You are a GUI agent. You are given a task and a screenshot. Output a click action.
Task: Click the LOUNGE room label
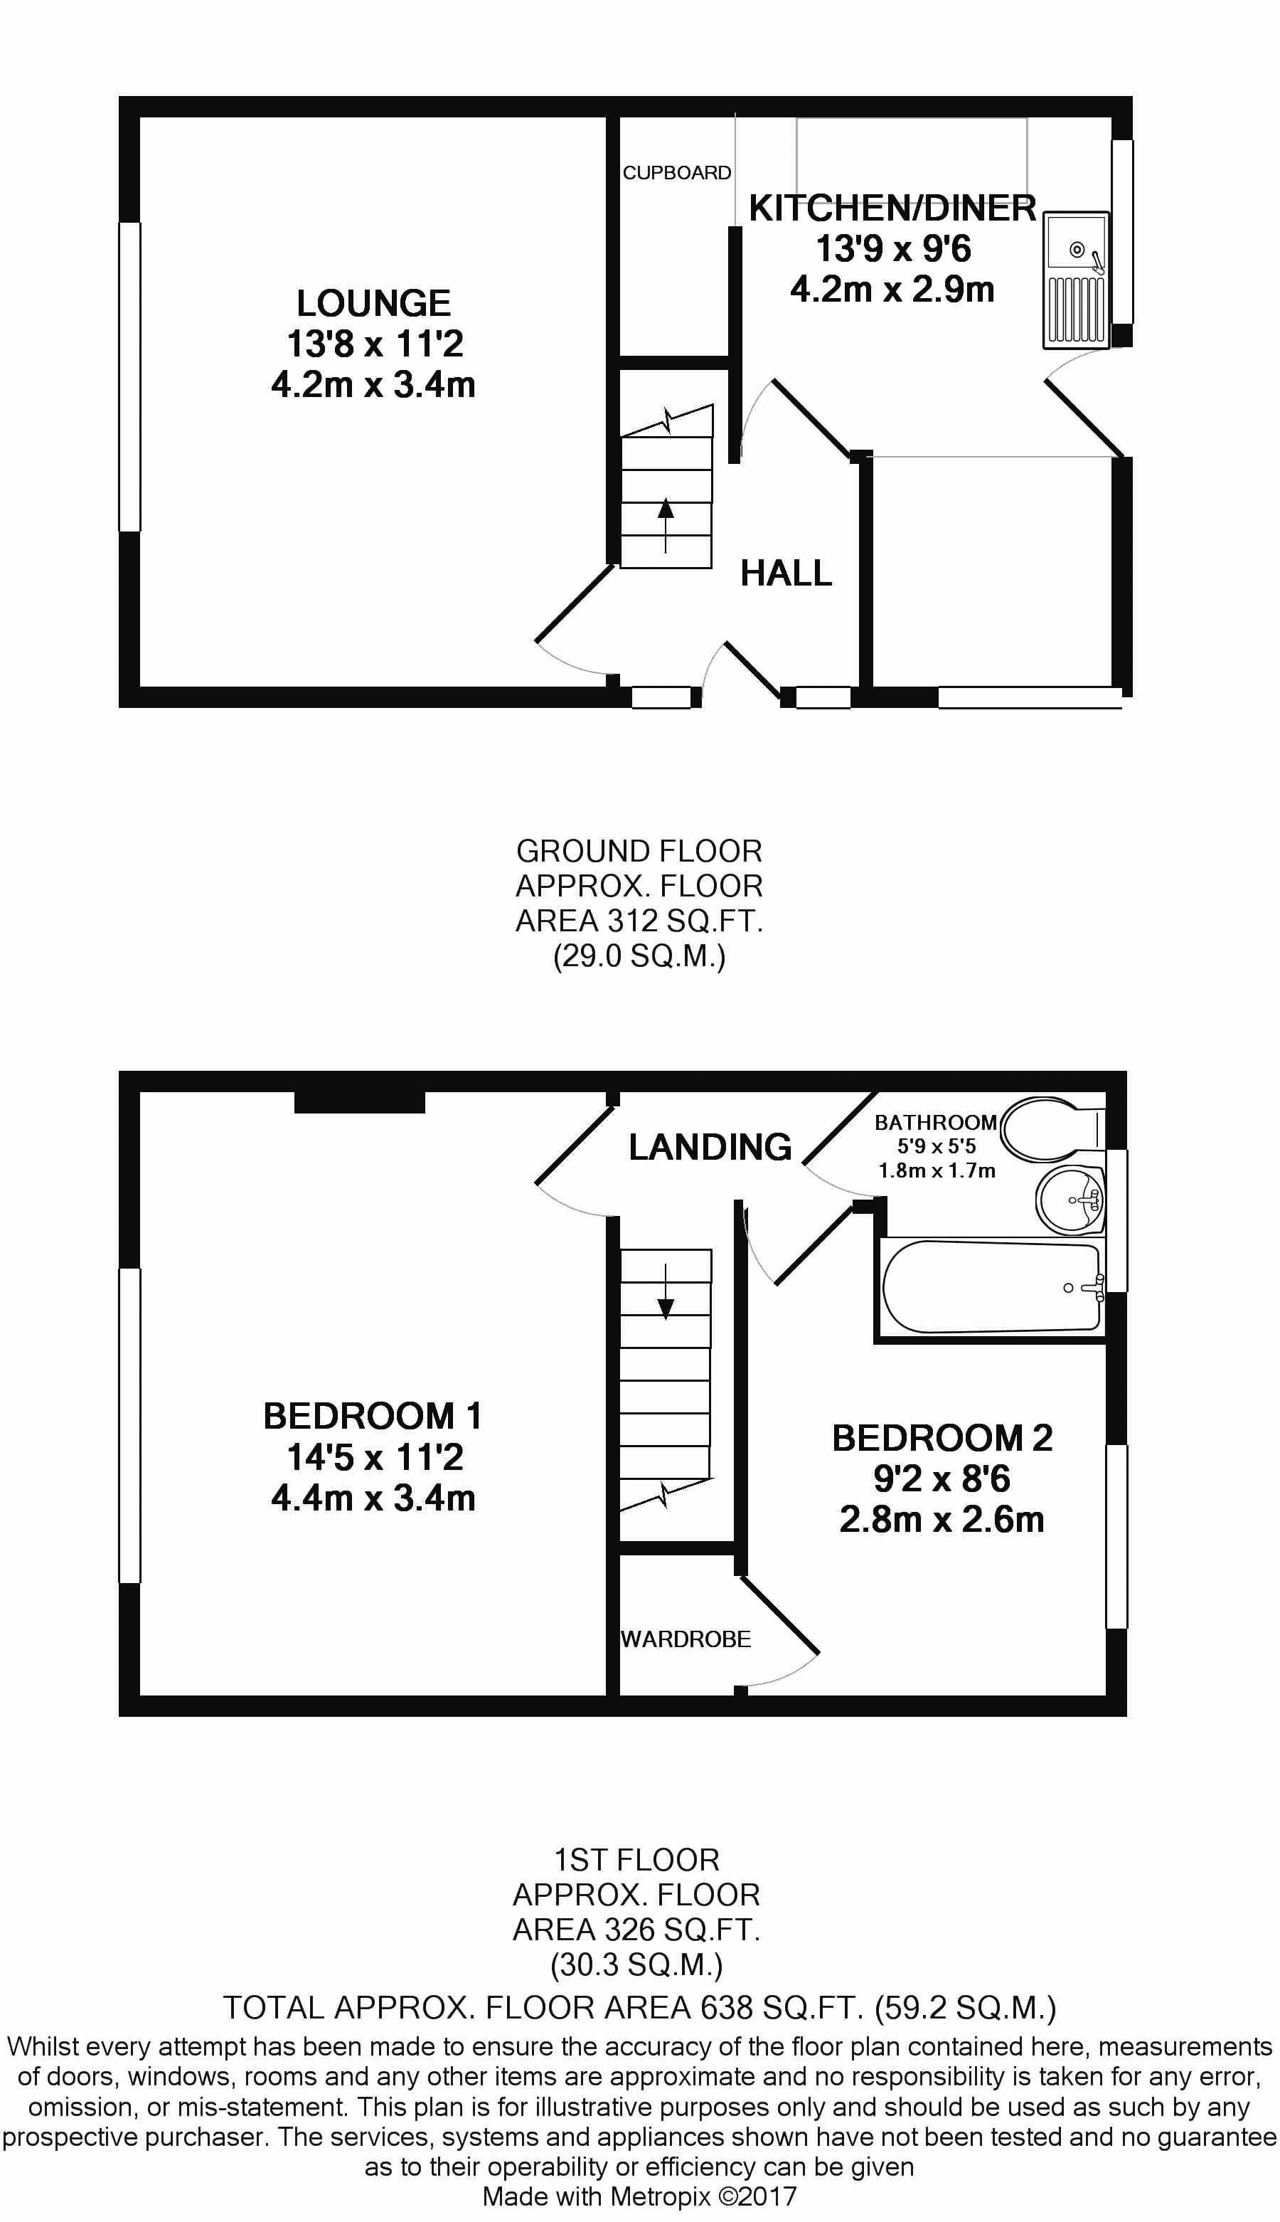point(373,303)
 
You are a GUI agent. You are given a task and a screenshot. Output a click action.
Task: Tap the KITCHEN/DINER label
point(892,208)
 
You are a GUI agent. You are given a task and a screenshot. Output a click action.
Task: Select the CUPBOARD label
point(677,172)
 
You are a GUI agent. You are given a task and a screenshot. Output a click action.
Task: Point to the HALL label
point(786,573)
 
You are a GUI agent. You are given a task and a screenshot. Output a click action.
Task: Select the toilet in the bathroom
point(1046,1127)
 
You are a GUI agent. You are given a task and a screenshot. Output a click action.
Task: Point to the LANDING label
point(710,1147)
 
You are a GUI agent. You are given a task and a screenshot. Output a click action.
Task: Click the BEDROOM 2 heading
point(942,1438)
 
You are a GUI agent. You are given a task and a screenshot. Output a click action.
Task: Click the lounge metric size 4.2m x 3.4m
point(373,385)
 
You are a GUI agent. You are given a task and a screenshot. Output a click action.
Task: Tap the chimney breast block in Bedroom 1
point(360,1102)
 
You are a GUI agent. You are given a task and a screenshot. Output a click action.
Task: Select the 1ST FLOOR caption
point(636,1860)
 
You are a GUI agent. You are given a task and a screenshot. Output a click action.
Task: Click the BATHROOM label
point(935,1122)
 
